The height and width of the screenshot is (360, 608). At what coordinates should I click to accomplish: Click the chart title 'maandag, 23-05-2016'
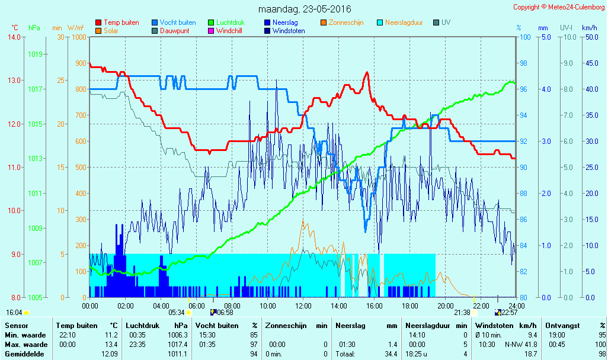tap(305, 9)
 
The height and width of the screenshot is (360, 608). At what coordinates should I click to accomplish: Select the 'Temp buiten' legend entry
tap(117, 22)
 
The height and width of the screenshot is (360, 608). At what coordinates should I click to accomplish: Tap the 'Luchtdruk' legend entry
tap(226, 22)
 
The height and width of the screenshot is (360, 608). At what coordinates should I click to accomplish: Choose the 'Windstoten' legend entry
tap(284, 31)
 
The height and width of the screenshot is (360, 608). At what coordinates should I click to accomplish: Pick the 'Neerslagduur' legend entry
tap(400, 22)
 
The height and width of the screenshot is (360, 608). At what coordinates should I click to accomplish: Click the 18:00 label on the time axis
tap(410, 306)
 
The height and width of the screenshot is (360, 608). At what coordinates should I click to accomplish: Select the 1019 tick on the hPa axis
tap(36, 54)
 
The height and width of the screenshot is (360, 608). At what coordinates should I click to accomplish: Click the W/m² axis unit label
tap(76, 28)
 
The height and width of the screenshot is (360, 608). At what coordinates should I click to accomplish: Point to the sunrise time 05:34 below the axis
tap(177, 313)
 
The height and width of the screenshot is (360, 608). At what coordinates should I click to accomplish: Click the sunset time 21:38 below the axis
tap(462, 313)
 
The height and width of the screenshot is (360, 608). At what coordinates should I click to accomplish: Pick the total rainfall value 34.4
tap(391, 354)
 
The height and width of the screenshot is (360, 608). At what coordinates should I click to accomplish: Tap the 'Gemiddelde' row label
tap(24, 354)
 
